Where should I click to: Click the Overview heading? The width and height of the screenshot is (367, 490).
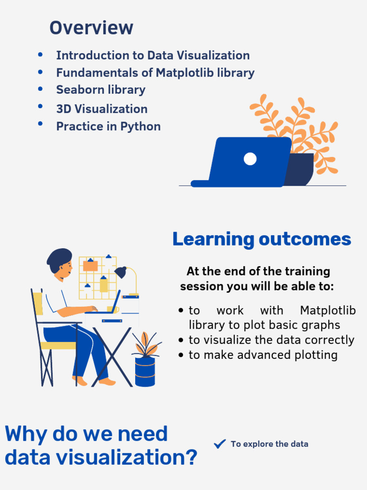[x=91, y=28]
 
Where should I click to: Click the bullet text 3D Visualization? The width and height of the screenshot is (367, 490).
[x=102, y=109]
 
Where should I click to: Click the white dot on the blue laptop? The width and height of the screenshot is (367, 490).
[x=250, y=159]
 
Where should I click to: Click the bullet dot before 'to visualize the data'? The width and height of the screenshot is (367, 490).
[x=181, y=340]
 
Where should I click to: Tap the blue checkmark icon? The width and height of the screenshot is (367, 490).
[x=220, y=444]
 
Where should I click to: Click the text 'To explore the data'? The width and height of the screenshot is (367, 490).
[x=270, y=444]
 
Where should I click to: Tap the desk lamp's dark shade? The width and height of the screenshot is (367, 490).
[x=120, y=272]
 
